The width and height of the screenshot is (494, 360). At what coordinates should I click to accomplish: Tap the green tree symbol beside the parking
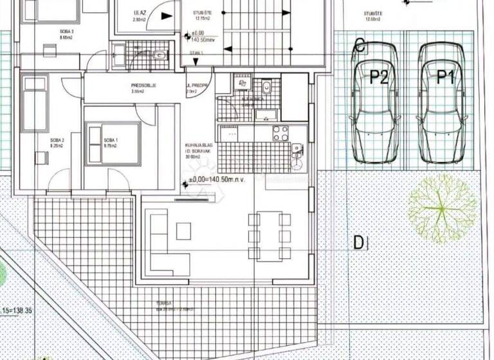pos(443,208)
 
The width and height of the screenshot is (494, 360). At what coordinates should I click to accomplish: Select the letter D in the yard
pos(359,242)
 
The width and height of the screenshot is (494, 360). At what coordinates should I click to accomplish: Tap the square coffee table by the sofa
pos(183,230)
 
